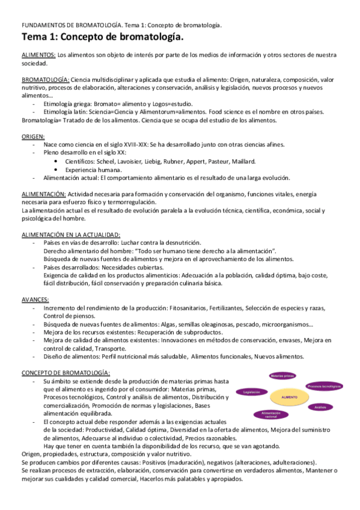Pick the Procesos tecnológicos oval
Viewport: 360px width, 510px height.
click(325, 386)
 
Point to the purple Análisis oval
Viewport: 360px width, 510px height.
click(320, 407)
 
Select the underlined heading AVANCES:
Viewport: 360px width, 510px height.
click(35, 299)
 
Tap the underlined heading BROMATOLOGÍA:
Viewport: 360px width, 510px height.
click(46, 79)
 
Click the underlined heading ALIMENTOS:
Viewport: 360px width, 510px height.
click(38, 55)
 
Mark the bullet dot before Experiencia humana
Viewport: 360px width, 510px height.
click(56, 170)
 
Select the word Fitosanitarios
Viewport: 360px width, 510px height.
click(187, 307)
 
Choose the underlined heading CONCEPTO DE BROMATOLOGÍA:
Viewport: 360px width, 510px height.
click(66, 373)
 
